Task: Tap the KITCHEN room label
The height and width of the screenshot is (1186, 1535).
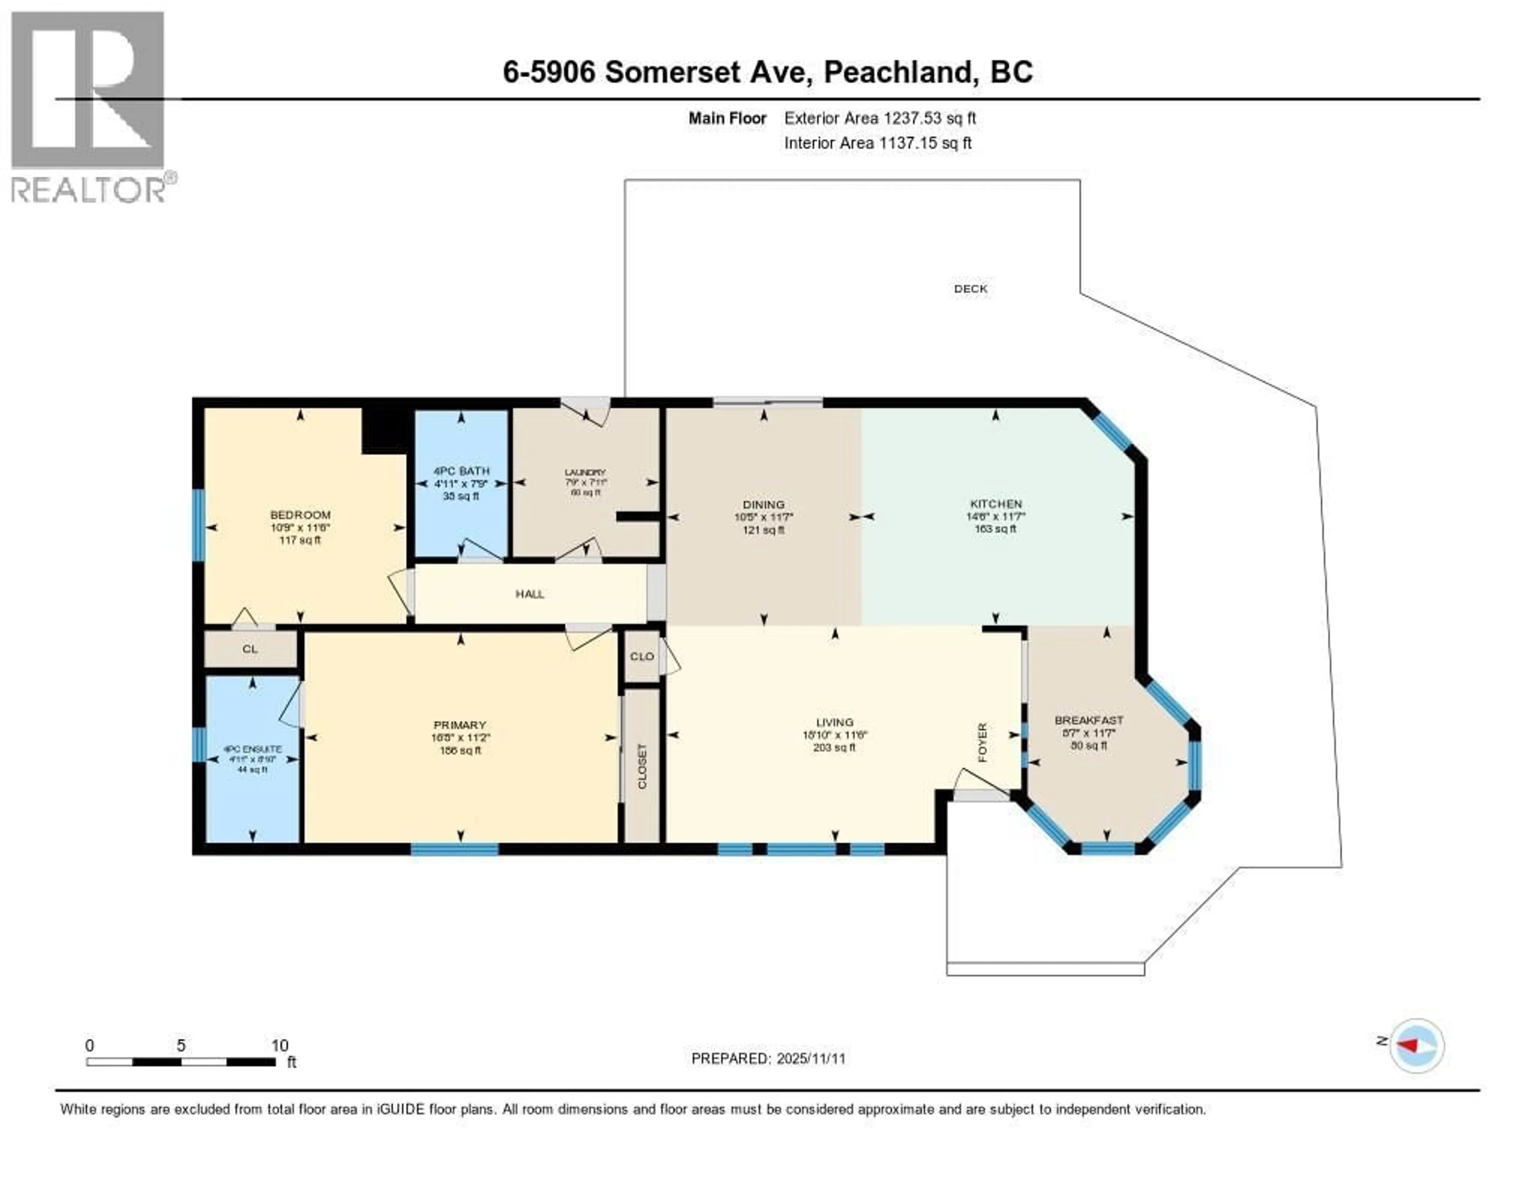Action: click(995, 504)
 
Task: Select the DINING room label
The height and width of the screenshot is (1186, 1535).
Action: click(763, 505)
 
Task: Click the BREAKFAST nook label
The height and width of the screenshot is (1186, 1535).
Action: click(1089, 721)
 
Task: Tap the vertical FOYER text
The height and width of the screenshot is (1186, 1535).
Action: click(983, 742)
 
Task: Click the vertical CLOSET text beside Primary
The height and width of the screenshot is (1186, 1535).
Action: click(642, 766)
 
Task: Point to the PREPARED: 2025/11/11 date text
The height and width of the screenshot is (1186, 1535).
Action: click(768, 1059)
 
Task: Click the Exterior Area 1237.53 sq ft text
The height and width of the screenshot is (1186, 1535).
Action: click(880, 118)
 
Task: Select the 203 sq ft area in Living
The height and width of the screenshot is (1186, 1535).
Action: click(834, 747)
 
